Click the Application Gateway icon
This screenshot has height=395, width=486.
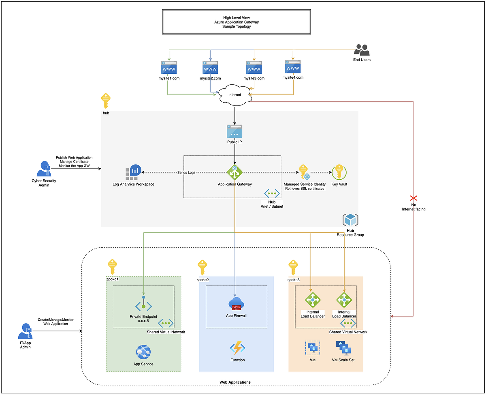pyautogui.click(x=234, y=172)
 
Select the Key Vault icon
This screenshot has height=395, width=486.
pyautogui.click(x=338, y=172)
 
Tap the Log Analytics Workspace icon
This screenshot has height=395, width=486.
pyautogui.click(x=133, y=172)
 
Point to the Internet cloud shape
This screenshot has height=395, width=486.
pyautogui.click(x=234, y=94)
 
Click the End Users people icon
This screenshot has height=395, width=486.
pyautogui.click(x=362, y=50)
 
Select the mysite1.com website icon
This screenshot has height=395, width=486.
pyautogui.click(x=169, y=67)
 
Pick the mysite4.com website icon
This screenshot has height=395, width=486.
pyautogui.click(x=293, y=67)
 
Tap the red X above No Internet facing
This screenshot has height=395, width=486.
pyautogui.click(x=414, y=198)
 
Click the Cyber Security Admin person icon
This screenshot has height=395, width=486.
pyautogui.click(x=44, y=169)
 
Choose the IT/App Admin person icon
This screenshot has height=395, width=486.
pyautogui.click(x=26, y=331)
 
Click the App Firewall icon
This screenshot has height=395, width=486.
pyautogui.click(x=236, y=304)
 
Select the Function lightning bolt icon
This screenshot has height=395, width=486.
pyautogui.click(x=237, y=348)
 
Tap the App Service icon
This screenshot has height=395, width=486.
pyautogui.click(x=143, y=352)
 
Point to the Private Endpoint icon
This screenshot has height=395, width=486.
pyautogui.click(x=143, y=304)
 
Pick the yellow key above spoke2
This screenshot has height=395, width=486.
pyautogui.click(x=202, y=268)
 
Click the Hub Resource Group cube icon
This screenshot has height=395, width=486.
pyautogui.click(x=350, y=220)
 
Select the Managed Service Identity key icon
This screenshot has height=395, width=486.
pyautogui.click(x=304, y=172)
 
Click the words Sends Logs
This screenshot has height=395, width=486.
pyautogui.click(x=186, y=173)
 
